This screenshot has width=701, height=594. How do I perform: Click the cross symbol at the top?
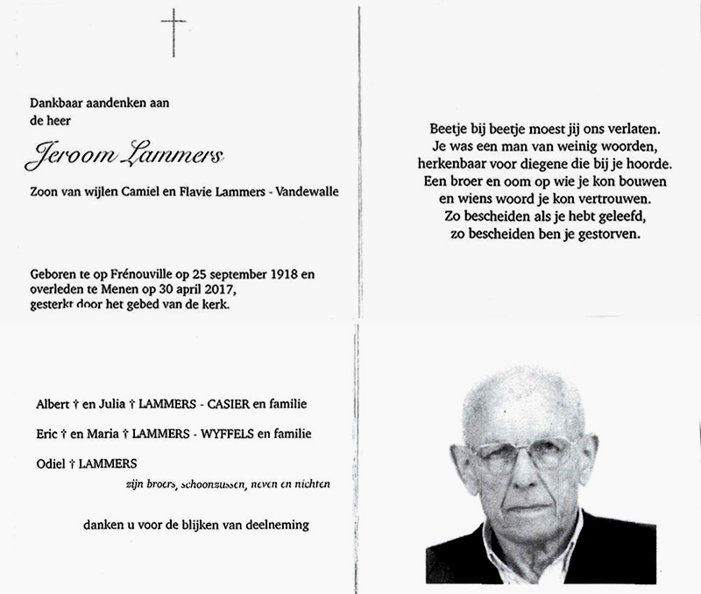[173, 33]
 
